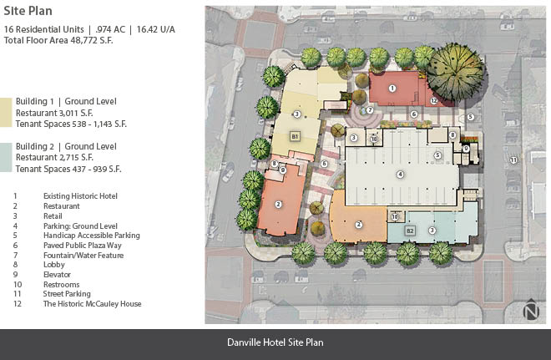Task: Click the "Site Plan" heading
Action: (28, 11)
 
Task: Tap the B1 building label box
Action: (295, 136)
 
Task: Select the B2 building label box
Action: (410, 231)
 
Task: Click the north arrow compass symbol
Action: (531, 309)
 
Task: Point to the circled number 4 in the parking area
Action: (400, 174)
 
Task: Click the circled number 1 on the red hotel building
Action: (392, 89)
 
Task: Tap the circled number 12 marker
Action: (434, 101)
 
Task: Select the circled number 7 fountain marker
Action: (370, 110)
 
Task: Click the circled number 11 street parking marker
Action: (513, 160)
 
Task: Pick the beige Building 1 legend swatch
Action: (6, 113)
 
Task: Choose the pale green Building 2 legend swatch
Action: (6, 158)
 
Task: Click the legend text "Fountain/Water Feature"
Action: (83, 256)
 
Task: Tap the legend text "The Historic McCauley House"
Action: (92, 304)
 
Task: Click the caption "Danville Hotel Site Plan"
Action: (275, 342)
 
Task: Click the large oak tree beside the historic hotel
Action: (456, 73)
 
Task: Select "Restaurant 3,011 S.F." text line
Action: (54, 113)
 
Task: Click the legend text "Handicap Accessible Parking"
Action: (91, 236)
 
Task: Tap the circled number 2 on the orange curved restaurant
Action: (358, 225)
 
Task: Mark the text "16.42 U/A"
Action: (155, 29)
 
